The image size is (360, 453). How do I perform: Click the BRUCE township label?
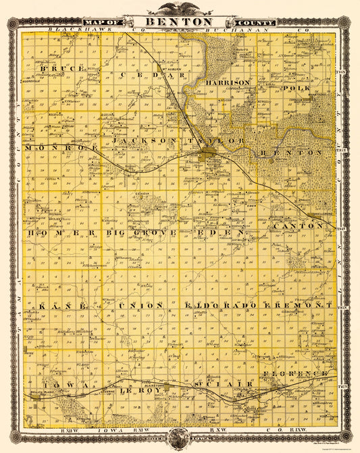pos(62,69)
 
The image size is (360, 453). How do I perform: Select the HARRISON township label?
pos(227,82)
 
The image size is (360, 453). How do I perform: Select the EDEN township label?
pos(223,233)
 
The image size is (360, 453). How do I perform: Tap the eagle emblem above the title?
pos(180,8)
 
